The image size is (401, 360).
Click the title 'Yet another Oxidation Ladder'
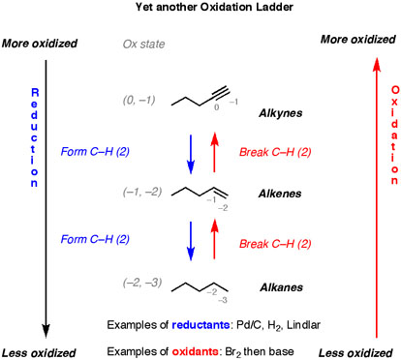pyautogui.click(x=200, y=9)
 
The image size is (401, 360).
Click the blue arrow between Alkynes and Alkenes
pyautogui.click(x=190, y=151)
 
